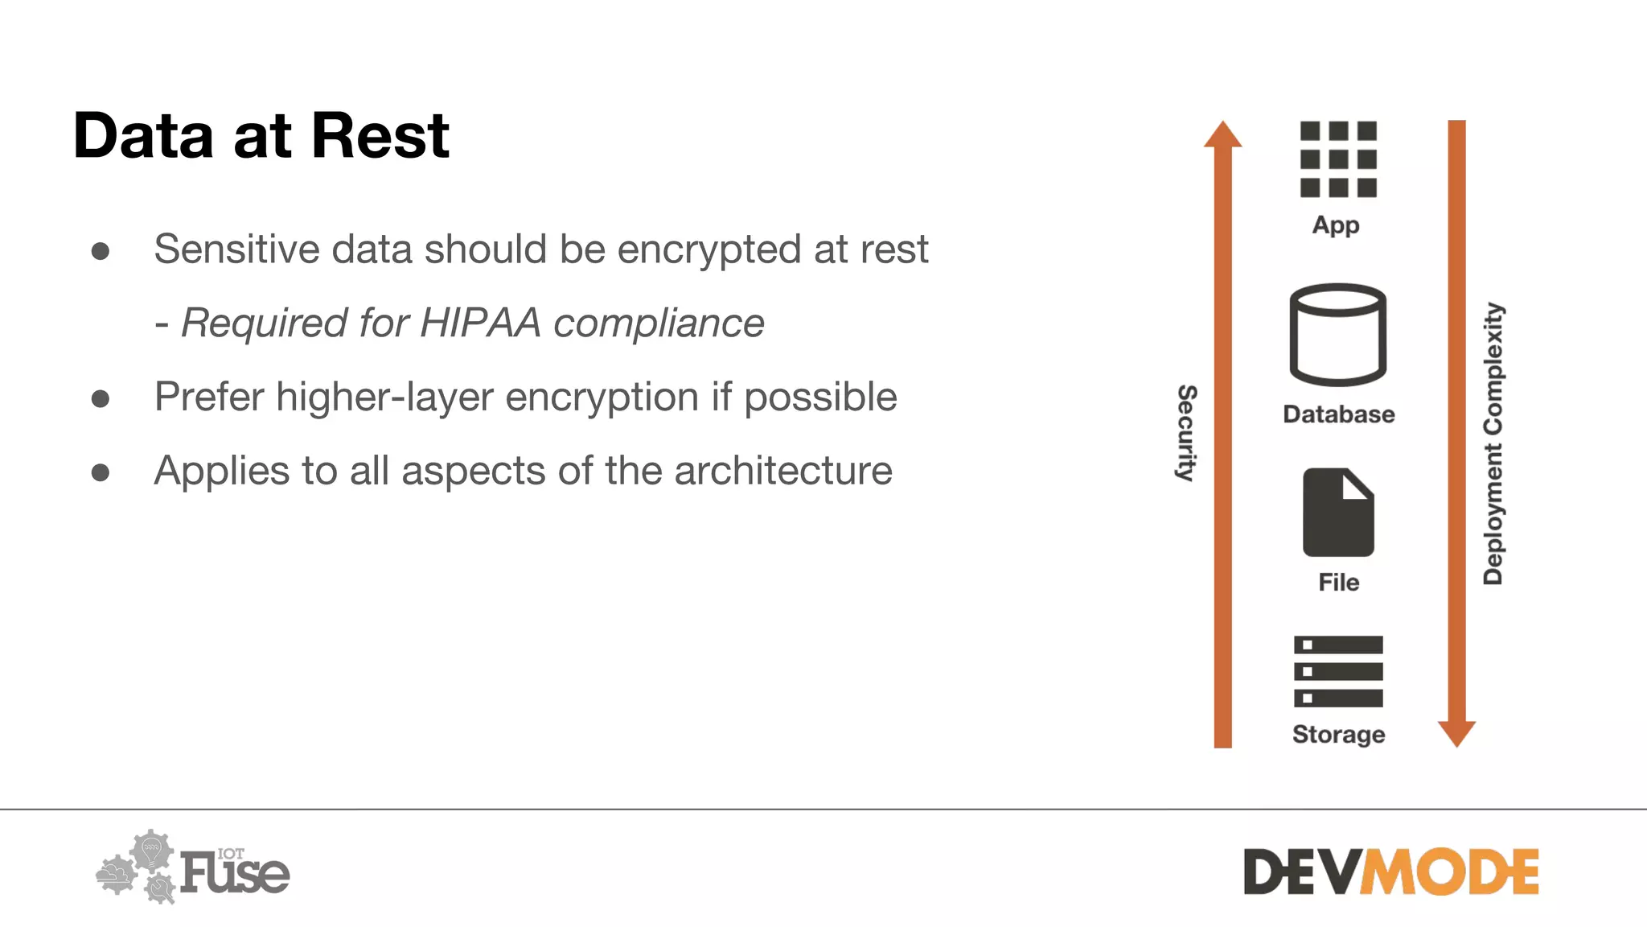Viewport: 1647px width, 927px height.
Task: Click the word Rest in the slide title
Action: pos(380,135)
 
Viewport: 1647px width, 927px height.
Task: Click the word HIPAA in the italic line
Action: pos(480,323)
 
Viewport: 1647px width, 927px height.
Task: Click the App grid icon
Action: pos(1338,159)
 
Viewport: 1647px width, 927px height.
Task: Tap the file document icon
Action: pos(1338,513)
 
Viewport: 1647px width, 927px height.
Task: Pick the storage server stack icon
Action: pos(1338,671)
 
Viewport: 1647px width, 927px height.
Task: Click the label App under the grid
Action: pos(1336,225)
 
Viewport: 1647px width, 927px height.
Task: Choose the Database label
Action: pos(1338,414)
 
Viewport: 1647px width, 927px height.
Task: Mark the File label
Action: pos(1338,582)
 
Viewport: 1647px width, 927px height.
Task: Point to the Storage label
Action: pos(1338,734)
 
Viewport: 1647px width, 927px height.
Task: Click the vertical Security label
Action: pos(1186,433)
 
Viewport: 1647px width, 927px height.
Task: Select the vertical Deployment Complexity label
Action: pos(1493,443)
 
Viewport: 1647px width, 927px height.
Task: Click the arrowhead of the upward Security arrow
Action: pos(1222,135)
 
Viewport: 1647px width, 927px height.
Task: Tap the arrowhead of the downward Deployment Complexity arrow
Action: pos(1456,733)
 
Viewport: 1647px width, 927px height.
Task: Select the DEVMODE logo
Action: pos(1390,871)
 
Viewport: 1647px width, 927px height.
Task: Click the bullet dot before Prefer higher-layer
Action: pos(101,398)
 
